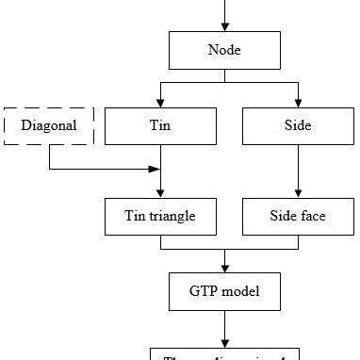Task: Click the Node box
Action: (x=224, y=49)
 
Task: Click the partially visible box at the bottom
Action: (x=224, y=354)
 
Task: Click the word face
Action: (x=314, y=216)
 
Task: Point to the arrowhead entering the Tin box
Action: (x=160, y=102)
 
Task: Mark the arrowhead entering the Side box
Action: (x=298, y=102)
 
